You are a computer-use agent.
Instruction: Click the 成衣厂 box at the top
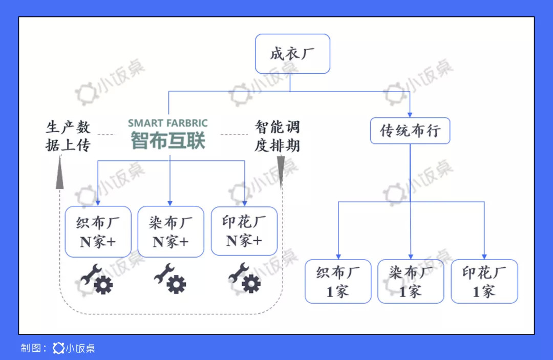click(292, 54)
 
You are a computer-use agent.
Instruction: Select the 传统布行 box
click(410, 131)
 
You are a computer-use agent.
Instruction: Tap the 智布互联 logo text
click(168, 140)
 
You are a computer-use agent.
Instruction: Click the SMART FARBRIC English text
click(168, 123)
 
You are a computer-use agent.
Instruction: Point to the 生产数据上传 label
click(68, 136)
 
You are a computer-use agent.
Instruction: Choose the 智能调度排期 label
click(277, 136)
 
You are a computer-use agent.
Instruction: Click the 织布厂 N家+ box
click(98, 231)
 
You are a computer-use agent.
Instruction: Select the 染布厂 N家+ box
click(171, 231)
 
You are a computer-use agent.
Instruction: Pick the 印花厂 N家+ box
click(244, 231)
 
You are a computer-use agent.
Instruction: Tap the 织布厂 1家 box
click(338, 281)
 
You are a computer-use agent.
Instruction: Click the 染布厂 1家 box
click(411, 281)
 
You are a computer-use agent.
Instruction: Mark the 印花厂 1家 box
click(484, 281)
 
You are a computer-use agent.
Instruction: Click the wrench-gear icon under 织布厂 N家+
click(97, 280)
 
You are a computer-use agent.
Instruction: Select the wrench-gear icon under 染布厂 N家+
click(171, 279)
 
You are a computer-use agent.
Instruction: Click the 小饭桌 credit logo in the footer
click(74, 348)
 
